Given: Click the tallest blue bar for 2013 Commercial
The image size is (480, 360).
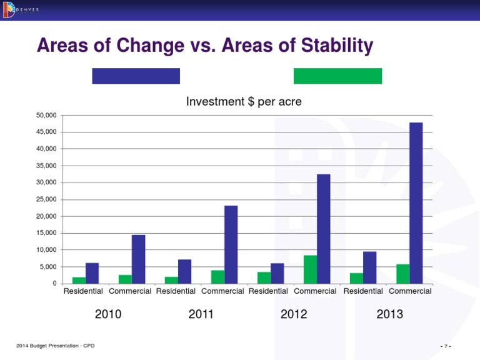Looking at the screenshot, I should pyautogui.click(x=416, y=203).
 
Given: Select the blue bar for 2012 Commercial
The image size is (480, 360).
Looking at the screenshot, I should pyautogui.click(x=323, y=229).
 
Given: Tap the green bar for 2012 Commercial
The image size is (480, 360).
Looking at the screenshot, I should pyautogui.click(x=310, y=269).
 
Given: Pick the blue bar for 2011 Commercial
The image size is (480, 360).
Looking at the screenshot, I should pyautogui.click(x=231, y=244).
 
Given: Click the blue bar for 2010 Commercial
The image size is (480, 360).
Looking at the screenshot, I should pyautogui.click(x=138, y=259).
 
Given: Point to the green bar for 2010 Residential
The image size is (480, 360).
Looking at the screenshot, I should pyautogui.click(x=79, y=280).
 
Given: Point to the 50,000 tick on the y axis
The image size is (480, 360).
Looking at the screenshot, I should pyautogui.click(x=46, y=116).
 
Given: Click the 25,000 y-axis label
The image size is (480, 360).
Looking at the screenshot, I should pyautogui.click(x=46, y=199).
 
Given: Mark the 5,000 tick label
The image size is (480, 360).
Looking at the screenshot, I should pyautogui.click(x=48, y=267).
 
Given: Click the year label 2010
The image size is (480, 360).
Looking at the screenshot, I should pyautogui.click(x=108, y=314).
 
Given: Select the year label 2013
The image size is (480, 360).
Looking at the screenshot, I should pyautogui.click(x=389, y=314).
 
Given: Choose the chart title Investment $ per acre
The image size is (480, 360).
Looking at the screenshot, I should pyautogui.click(x=244, y=101).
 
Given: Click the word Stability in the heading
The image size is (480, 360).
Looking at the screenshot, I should pyautogui.click(x=332, y=46).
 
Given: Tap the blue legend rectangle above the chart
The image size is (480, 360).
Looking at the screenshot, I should pyautogui.click(x=136, y=76).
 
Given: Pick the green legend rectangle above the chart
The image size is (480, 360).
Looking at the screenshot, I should pyautogui.click(x=337, y=76).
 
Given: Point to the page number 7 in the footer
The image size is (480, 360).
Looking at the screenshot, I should pyautogui.click(x=446, y=346).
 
